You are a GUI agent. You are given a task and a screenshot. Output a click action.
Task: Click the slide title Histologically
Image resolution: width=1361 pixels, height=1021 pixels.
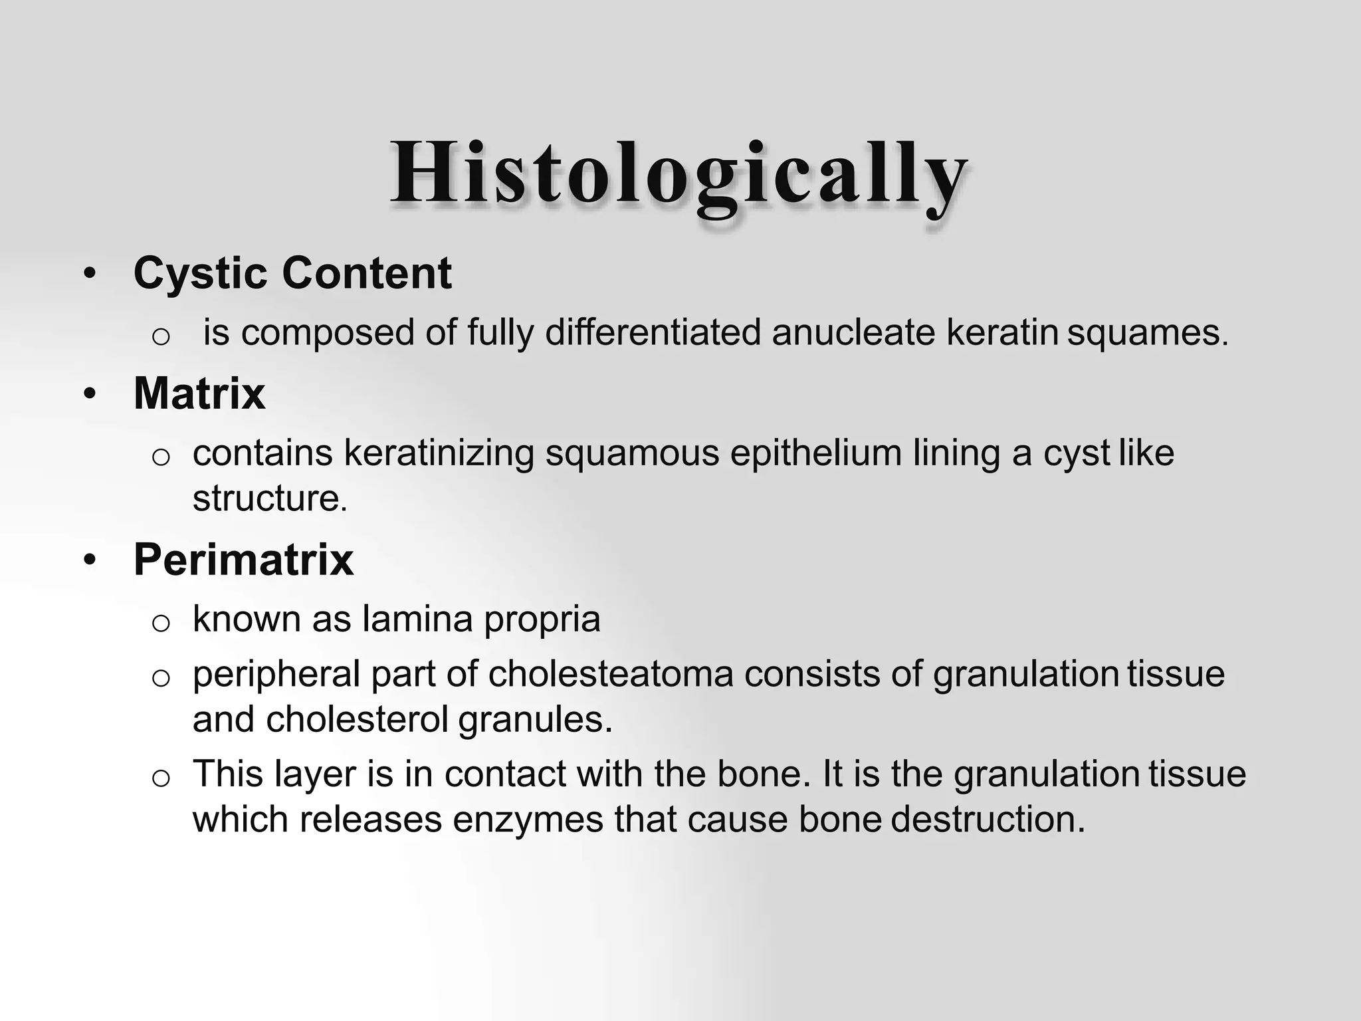[678, 174]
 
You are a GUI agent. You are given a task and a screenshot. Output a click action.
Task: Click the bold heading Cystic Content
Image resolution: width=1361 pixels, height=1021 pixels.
[292, 273]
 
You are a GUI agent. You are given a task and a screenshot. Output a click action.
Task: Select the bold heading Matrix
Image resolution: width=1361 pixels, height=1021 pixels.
[199, 394]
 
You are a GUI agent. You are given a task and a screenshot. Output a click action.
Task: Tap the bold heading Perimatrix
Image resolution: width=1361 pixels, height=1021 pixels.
[243, 560]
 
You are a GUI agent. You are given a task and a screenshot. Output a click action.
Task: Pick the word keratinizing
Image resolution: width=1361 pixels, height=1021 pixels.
[439, 454]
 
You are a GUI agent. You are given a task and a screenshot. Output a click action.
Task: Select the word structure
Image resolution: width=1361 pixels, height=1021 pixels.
[269, 499]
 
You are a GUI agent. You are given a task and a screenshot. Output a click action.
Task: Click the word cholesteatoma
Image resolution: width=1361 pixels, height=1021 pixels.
[611, 674]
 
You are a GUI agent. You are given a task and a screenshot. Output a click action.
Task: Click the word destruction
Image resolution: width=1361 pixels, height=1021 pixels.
[988, 820]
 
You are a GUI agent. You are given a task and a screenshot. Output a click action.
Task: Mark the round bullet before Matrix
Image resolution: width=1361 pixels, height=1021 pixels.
[90, 394]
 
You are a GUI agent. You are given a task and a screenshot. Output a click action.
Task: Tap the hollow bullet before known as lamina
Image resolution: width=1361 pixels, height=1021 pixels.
[161, 623]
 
